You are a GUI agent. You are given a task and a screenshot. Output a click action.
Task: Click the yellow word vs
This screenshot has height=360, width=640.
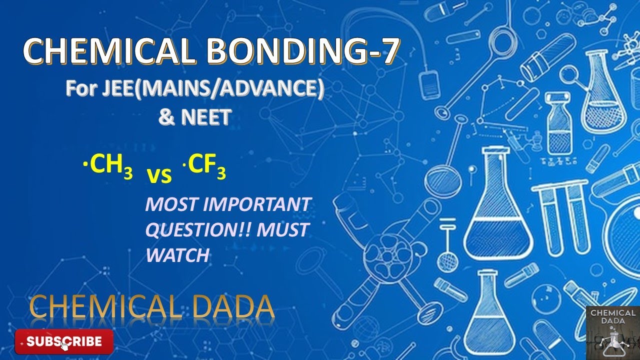[159, 175]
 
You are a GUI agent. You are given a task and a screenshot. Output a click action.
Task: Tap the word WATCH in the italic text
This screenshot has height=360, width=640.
[177, 255]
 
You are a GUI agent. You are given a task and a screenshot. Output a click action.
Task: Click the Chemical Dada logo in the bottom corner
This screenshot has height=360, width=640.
[612, 332]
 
